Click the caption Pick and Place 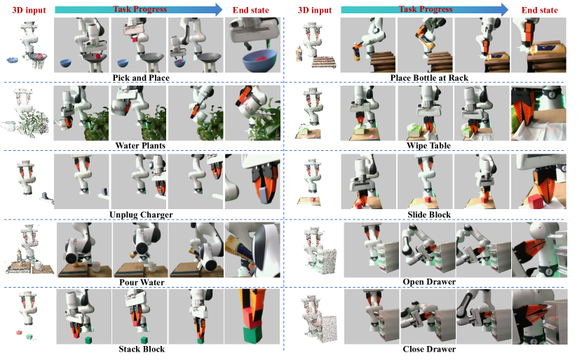click(141, 78)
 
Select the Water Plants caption click(140, 146)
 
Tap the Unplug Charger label click(141, 215)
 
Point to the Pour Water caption click(142, 282)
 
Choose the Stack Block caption click(142, 349)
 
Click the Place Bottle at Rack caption click(429, 78)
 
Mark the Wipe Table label click(428, 146)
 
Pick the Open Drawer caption click(429, 282)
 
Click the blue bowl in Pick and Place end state click(260, 60)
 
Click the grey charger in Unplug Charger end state click(263, 195)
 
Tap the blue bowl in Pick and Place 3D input click(12, 60)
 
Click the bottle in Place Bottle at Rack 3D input click(299, 55)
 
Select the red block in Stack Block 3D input click(20, 332)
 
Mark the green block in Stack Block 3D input click(29, 337)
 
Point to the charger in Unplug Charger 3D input click(45, 195)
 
